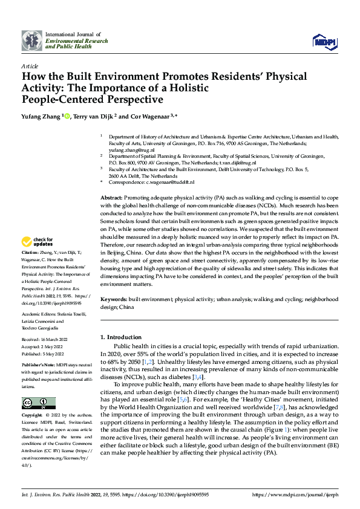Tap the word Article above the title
coord(30,66)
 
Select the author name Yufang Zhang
coord(41,116)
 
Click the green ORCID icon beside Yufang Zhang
coord(68,116)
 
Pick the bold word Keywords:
coord(114,299)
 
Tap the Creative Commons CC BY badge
coord(38,403)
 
